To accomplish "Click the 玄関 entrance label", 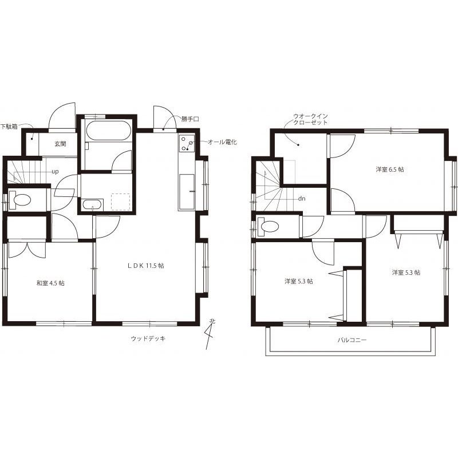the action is (60, 144).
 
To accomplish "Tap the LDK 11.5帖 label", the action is (145, 266).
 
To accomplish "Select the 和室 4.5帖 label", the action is (50, 283).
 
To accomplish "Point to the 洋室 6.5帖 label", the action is (390, 169).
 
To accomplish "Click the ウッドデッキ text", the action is (148, 338).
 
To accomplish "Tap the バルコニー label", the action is (352, 340).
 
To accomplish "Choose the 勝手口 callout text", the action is (190, 119).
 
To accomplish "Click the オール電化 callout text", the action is (222, 142).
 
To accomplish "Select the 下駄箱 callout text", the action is (9, 127).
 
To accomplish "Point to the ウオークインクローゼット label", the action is (310, 120).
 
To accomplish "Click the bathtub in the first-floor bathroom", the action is (108, 131).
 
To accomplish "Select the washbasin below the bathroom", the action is (92, 204).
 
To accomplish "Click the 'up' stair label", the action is (55, 171).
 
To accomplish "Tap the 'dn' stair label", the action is (302, 199).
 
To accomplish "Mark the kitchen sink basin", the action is (187, 192).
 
